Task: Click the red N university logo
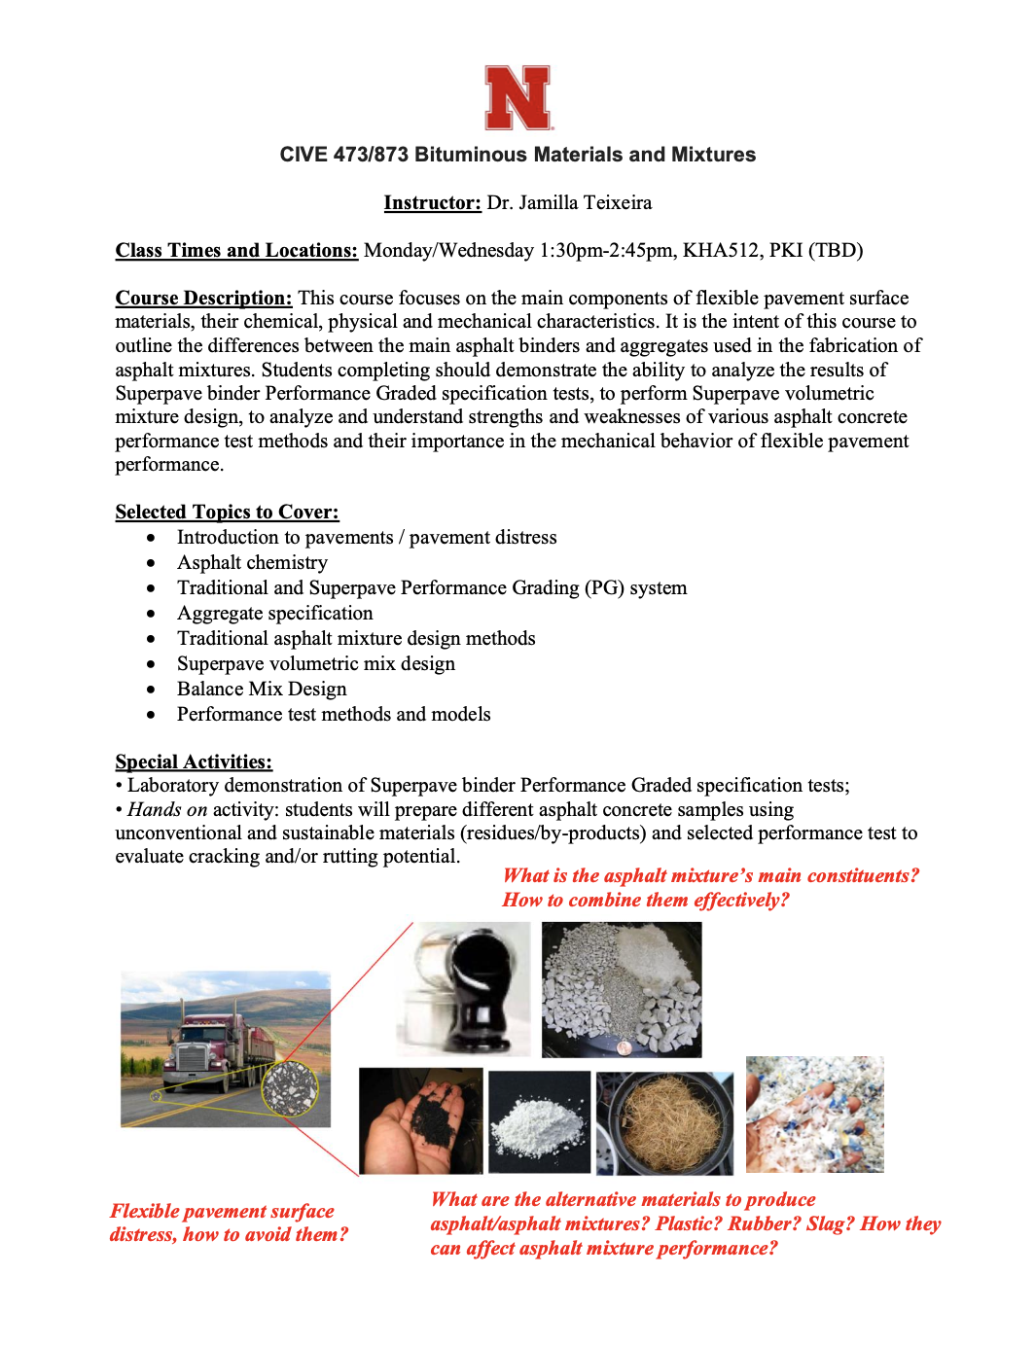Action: click(x=518, y=97)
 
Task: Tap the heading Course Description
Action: click(x=203, y=298)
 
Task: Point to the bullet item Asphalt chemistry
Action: click(x=252, y=562)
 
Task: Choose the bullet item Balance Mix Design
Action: click(x=262, y=689)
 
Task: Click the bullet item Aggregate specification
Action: click(x=274, y=613)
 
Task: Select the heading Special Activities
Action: click(x=194, y=762)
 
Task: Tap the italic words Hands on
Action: click(x=167, y=809)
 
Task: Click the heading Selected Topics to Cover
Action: click(x=227, y=512)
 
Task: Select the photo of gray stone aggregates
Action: click(x=621, y=989)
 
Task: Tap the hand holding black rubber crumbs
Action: click(x=420, y=1120)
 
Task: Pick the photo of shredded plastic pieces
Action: click(x=814, y=1115)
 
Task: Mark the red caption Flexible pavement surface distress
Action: click(x=228, y=1222)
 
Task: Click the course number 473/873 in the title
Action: click(x=371, y=155)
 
